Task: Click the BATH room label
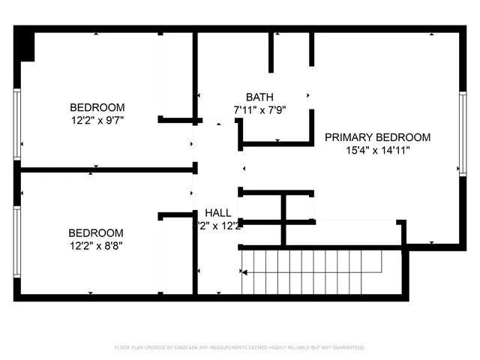tap(259, 97)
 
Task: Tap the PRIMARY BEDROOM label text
tap(377, 137)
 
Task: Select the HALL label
tap(218, 213)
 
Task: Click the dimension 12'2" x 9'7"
tap(97, 119)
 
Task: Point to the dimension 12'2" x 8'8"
tap(96, 245)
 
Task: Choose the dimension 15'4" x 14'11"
tap(377, 150)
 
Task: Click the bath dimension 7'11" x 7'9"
tap(259, 109)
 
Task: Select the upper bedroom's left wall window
tap(16, 127)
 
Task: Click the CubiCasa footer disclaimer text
tap(240, 347)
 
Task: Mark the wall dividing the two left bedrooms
tap(105, 170)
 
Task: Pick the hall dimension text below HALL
tap(218, 226)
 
